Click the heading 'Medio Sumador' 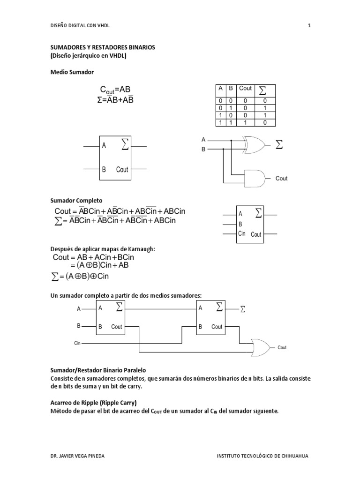(72, 72)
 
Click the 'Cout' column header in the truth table (245, 89)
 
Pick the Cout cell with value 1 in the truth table (245, 122)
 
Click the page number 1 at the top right (309, 25)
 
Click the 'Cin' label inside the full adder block (242, 233)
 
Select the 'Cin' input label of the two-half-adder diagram (77, 344)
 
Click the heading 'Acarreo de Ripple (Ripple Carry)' (93, 403)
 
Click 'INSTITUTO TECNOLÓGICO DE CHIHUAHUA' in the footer (262, 456)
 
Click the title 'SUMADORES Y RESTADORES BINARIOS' (102, 48)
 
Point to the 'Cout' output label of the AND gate (281, 179)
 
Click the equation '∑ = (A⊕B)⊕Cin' (82, 276)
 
